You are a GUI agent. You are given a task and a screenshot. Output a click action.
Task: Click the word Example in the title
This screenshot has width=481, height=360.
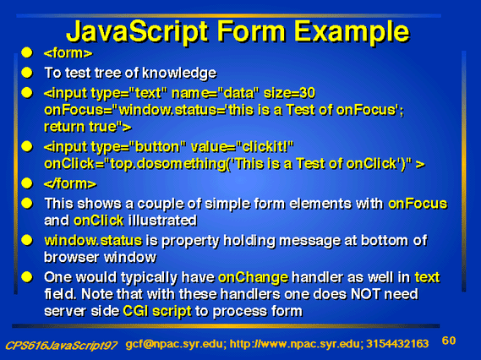point(352,32)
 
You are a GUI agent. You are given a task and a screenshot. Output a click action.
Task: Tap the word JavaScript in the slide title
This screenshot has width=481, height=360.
point(137,32)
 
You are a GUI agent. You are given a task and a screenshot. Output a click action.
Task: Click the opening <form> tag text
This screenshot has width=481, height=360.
point(68,53)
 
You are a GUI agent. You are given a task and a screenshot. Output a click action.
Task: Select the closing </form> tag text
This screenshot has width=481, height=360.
point(70,183)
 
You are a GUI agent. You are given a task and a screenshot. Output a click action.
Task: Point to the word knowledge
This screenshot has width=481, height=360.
point(179,73)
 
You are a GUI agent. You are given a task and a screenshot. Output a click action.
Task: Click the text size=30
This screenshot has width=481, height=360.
point(289,93)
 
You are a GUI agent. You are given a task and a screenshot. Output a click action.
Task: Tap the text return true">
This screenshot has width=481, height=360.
point(88,127)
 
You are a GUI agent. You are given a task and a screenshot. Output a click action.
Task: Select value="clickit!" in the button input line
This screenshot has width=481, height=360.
point(243,147)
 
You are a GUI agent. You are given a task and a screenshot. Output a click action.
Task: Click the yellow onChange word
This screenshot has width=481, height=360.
point(253,278)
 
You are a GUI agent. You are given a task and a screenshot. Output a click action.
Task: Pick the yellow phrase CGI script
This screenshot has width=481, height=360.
point(157,311)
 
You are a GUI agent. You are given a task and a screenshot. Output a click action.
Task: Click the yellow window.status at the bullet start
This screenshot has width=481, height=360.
point(93,240)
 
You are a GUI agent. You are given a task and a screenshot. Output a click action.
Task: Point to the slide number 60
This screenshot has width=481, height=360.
point(449,341)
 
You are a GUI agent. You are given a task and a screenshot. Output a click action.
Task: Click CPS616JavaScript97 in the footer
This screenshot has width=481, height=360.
point(61,346)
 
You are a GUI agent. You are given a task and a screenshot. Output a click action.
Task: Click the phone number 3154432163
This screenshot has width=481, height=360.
point(397,344)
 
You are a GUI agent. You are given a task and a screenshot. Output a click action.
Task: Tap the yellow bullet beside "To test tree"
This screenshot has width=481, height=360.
point(27,73)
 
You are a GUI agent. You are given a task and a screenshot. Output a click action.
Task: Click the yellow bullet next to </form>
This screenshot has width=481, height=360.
point(27,183)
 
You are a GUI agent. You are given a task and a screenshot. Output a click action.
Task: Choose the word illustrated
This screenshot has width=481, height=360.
point(162,221)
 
